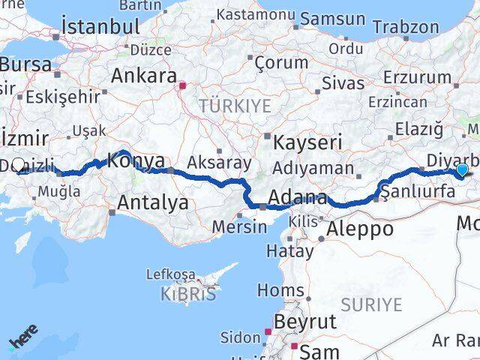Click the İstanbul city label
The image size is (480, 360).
100,25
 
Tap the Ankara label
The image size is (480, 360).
143,76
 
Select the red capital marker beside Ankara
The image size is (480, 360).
181,85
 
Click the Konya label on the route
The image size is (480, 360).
136,160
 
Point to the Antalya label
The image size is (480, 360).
153,202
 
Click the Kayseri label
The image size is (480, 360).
308,142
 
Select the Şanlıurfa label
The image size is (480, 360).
418,191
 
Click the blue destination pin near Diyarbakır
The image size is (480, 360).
461,171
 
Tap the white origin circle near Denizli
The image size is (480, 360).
19,163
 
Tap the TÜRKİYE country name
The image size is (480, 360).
235,106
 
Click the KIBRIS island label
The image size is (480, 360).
188,293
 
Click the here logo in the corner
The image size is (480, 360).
23,341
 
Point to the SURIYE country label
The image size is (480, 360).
371,304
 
